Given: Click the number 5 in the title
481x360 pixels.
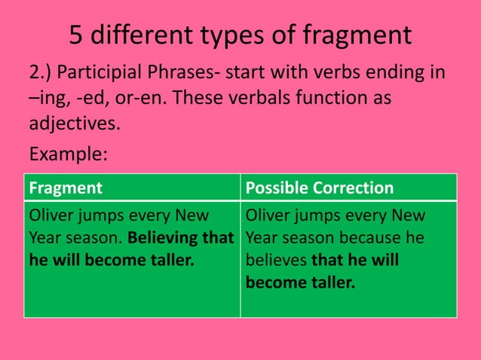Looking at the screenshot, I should click(75, 35).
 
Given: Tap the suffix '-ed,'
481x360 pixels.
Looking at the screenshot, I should click(94, 99).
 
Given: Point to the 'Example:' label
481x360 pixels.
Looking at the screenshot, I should click(68, 154).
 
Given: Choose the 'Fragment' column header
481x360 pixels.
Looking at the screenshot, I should click(65, 188).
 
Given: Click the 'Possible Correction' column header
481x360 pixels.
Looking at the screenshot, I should click(320, 188).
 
